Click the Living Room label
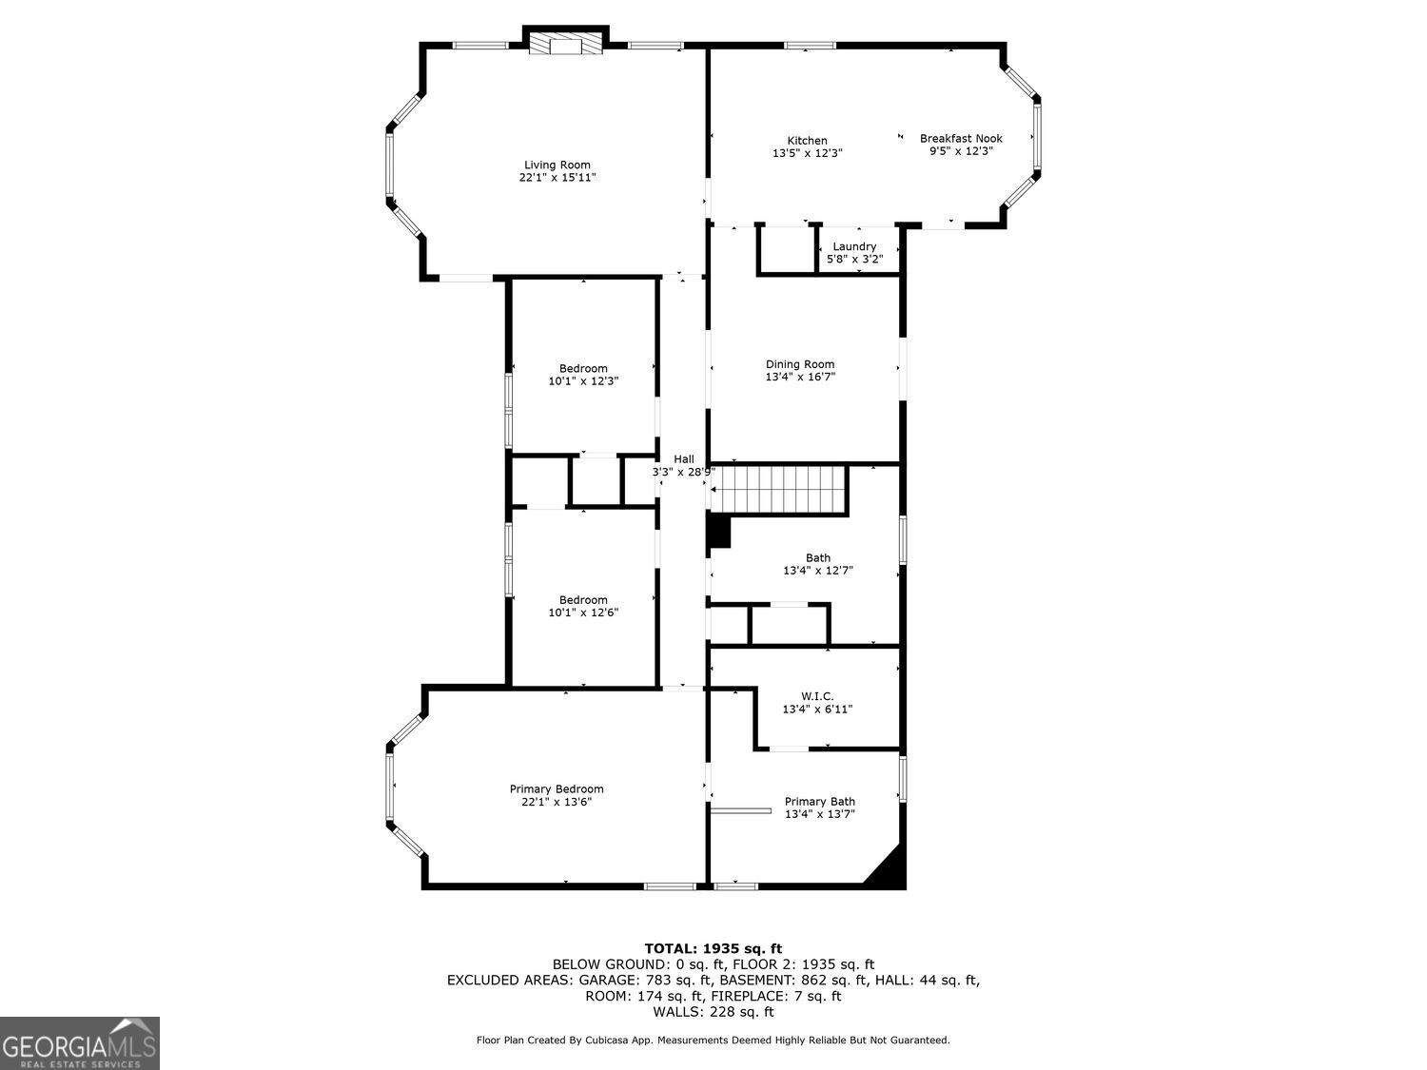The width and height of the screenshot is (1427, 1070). pos(557,165)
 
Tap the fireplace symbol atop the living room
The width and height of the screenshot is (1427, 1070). pos(566,45)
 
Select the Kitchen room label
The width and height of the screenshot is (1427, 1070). pos(807,141)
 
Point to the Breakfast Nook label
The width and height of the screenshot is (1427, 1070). pos(961,139)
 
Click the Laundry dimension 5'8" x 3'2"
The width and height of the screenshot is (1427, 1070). pos(854,259)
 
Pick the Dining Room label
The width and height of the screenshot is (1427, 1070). pos(800,364)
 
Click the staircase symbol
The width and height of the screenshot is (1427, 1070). pos(780,489)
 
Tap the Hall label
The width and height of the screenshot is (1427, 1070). pos(683,459)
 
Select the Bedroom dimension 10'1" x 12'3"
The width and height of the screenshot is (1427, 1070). pos(583,381)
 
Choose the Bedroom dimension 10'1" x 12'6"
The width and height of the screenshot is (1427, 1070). pos(583,613)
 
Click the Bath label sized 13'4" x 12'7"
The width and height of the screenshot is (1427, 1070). pos(817,558)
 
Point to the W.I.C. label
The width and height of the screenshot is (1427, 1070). pos(817,696)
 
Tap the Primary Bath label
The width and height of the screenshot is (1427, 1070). pos(819,802)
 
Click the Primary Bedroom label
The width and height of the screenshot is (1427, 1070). pos(557,789)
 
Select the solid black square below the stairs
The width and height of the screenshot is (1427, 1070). pos(718,532)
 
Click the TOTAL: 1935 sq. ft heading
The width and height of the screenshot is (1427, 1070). pos(713,948)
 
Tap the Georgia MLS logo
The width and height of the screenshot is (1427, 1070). pos(79,1043)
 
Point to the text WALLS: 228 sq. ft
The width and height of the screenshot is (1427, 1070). pos(713,1012)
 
